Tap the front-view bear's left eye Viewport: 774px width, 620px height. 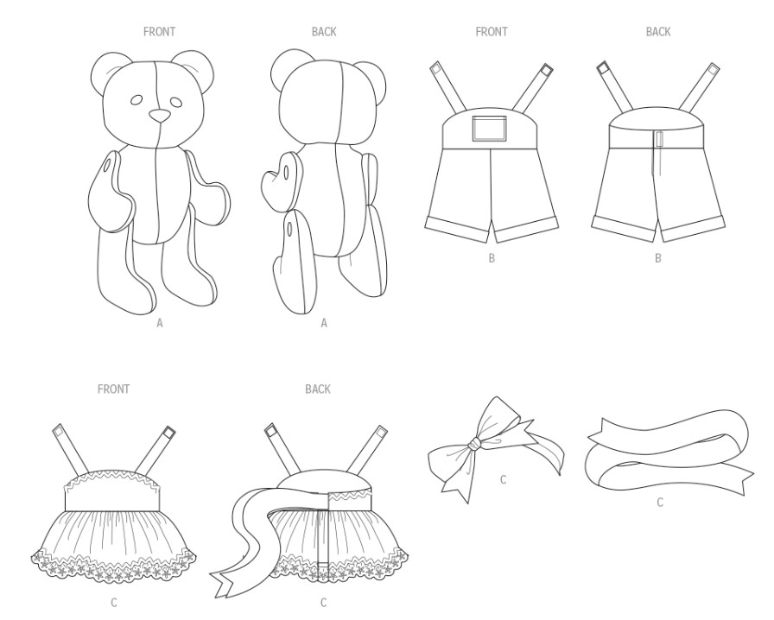click(136, 100)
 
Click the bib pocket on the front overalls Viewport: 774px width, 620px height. click(490, 128)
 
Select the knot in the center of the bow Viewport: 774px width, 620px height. click(475, 443)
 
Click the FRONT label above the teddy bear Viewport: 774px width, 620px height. click(159, 32)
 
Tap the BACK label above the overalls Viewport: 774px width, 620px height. click(658, 32)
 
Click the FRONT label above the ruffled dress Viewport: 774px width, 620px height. click(113, 389)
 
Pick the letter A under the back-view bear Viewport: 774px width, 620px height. click(324, 323)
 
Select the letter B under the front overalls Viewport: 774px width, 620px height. click(492, 258)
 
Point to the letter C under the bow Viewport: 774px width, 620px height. click(503, 480)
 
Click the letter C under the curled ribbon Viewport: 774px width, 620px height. click(660, 503)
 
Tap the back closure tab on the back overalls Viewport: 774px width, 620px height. click(659, 139)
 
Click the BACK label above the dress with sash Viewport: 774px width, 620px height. click(317, 389)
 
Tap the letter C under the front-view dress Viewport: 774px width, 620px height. click(114, 603)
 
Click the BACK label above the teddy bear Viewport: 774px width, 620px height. click(324, 32)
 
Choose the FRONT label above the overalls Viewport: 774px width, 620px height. click(492, 32)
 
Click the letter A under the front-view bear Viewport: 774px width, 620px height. click(160, 323)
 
